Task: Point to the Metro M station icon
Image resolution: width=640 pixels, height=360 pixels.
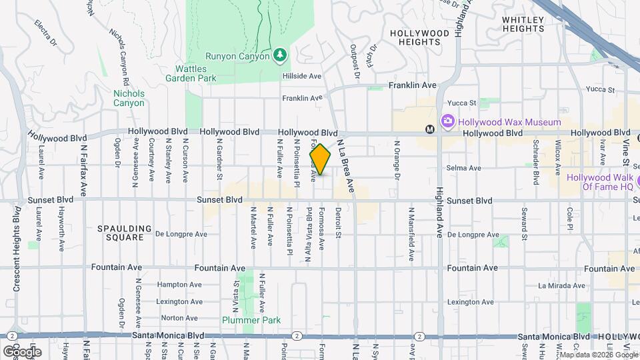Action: pos(430,129)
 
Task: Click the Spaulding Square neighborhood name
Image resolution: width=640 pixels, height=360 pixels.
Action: pos(120,233)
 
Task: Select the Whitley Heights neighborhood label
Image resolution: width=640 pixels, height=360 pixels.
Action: pos(523,24)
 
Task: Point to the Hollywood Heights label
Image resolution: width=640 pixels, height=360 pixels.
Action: pos(419,37)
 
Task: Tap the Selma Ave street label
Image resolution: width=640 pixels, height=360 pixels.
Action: pos(465,168)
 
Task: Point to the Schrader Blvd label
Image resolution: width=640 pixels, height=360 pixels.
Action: pos(535,162)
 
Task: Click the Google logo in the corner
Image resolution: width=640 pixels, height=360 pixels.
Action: pos(22,351)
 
